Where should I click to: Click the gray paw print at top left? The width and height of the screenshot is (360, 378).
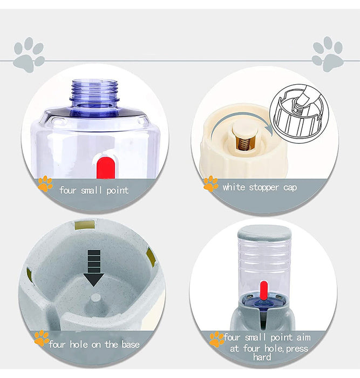(29, 55)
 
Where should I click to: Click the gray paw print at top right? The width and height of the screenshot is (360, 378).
(327, 54)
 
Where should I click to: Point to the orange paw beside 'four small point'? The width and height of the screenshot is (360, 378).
(45, 185)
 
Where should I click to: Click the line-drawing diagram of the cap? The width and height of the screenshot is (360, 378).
(298, 113)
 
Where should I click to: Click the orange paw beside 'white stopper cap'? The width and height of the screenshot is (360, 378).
(210, 184)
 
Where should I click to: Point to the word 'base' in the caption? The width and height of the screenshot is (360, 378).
(128, 344)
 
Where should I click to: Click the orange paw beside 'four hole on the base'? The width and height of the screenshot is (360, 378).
(41, 339)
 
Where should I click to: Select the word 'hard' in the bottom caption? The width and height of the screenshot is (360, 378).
(262, 357)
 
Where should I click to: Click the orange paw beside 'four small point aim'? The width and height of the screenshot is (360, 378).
(216, 339)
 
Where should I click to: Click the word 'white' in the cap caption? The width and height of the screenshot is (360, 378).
(234, 187)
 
